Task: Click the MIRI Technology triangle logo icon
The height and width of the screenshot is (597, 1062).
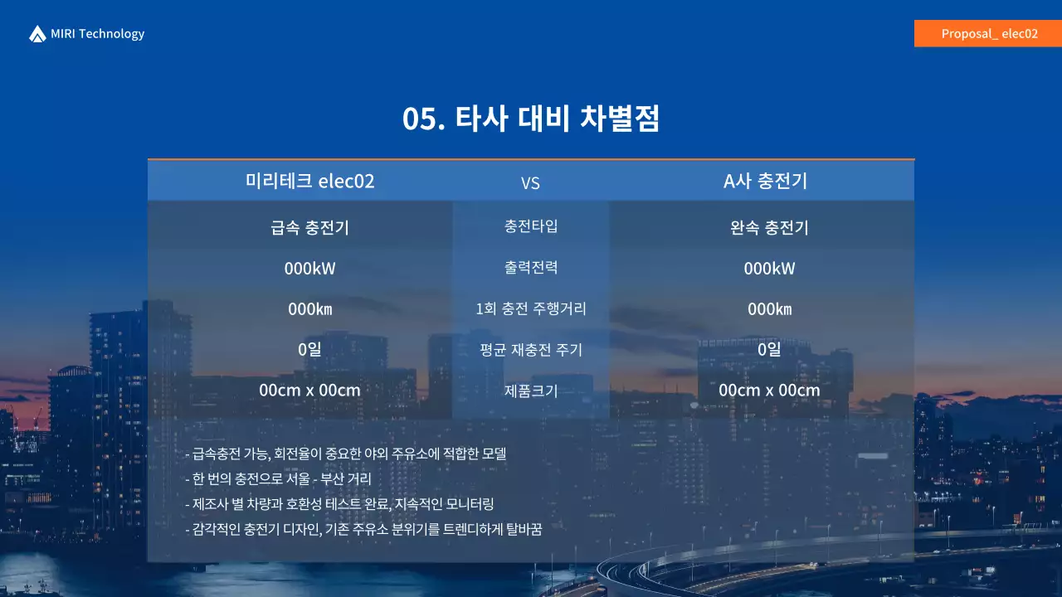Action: [37, 34]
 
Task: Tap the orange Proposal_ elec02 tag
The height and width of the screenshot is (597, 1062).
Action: [988, 34]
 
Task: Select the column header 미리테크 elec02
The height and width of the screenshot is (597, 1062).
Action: [309, 182]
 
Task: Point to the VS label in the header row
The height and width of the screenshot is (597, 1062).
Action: [530, 183]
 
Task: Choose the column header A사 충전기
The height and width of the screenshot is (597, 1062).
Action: [765, 182]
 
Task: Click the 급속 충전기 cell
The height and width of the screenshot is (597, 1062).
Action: [309, 228]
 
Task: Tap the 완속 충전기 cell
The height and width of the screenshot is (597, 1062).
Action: [769, 228]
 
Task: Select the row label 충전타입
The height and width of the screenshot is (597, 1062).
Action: [531, 226]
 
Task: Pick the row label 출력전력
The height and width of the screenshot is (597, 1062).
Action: [531, 267]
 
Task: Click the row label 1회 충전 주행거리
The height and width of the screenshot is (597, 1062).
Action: [531, 308]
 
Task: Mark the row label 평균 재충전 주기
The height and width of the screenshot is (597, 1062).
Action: [531, 350]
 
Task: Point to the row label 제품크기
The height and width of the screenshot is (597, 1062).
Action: [531, 390]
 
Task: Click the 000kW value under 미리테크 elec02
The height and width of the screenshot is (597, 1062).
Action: [309, 269]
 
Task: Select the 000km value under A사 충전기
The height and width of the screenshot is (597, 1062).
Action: [769, 309]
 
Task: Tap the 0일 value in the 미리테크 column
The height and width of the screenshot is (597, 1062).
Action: [309, 350]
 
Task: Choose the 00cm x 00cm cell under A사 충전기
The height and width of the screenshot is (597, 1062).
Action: [769, 391]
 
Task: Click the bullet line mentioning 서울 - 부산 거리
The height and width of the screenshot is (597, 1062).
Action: [278, 479]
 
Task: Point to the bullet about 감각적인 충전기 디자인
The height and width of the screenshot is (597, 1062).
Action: [363, 529]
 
